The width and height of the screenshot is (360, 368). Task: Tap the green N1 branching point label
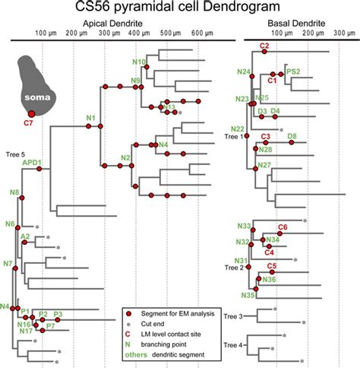(90, 118)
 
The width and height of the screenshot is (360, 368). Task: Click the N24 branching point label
(243, 72)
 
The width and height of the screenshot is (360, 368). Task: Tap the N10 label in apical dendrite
(138, 62)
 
